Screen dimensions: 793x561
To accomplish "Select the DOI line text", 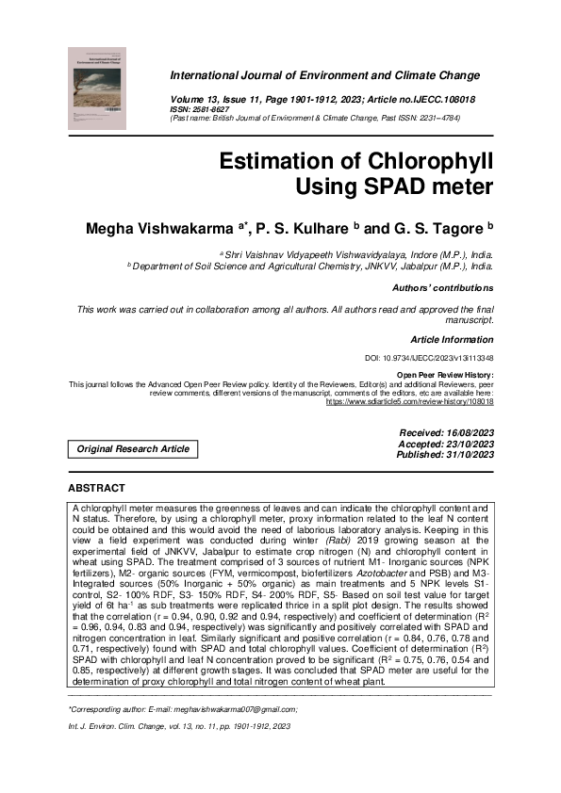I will pos(429,359).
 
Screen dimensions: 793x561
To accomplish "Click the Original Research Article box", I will pos(133,449).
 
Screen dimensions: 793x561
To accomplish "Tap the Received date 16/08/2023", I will pos(447,432).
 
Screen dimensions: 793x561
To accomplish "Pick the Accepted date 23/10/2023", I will pos(447,444).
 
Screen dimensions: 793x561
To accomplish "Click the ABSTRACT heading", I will pos(96,489).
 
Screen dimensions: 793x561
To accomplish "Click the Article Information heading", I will pos(452,338).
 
